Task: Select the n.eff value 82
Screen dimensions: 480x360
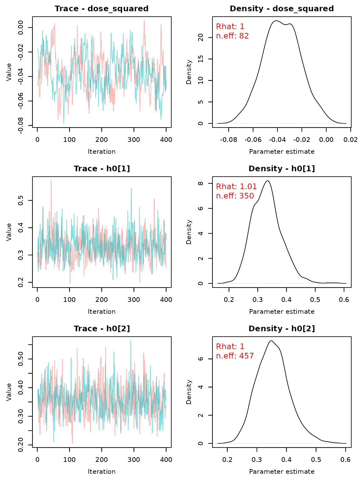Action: pos(244,36)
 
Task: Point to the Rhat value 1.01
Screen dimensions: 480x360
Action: pos(248,187)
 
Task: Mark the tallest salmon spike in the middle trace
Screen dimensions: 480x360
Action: pos(51,181)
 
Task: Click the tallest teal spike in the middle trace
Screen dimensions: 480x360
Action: pos(131,189)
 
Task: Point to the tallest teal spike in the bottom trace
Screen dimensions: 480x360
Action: pos(131,341)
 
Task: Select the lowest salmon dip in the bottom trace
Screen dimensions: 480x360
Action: pos(72,442)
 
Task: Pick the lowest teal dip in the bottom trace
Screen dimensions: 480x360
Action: pos(53,441)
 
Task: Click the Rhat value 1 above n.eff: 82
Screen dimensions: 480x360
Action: pos(242,27)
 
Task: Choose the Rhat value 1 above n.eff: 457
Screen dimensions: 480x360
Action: pos(242,347)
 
